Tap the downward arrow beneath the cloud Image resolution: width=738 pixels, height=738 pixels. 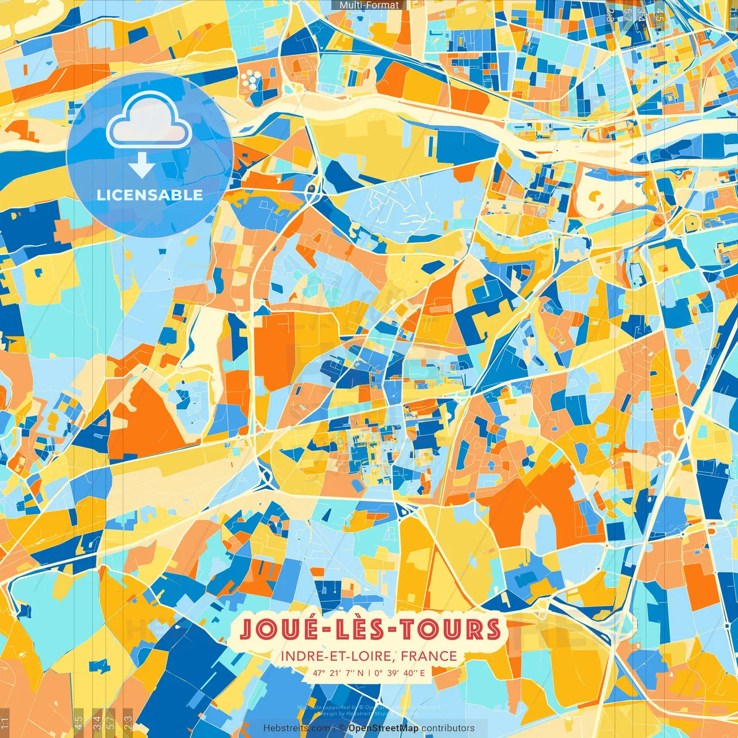coord(141,167)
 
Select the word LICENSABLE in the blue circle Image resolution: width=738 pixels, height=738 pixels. coord(149,195)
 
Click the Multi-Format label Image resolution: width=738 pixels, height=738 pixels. coord(369,5)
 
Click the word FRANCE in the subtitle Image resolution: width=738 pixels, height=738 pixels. coord(429,656)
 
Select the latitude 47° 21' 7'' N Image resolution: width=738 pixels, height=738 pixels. coord(338,672)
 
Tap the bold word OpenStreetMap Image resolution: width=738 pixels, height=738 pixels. coord(383,728)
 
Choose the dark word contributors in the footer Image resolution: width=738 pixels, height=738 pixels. coord(448,728)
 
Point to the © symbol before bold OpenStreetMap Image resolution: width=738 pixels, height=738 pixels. coord(342,728)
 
